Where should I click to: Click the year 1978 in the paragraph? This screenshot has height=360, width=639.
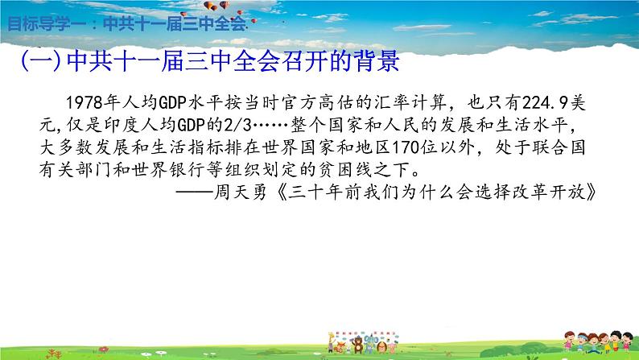click(84, 102)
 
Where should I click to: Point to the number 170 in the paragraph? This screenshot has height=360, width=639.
click(406, 147)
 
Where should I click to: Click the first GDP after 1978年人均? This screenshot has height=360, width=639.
click(172, 102)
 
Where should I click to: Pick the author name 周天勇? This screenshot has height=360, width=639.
click(241, 192)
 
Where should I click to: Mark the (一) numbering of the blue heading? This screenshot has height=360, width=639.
click(41, 62)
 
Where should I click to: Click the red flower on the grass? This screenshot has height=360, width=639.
click(103, 350)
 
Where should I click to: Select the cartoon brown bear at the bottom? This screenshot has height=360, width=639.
click(358, 345)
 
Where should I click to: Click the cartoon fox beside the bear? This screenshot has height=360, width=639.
click(340, 347)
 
